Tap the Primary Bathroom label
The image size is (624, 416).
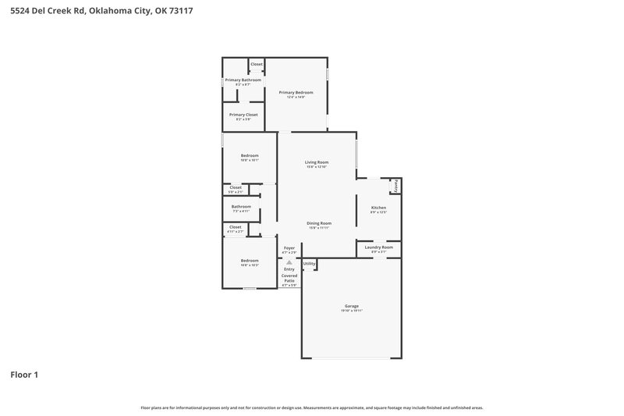tap(243, 80)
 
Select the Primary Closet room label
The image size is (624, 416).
tap(243, 115)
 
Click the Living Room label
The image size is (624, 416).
tap(317, 162)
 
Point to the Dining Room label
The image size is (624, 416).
tap(318, 223)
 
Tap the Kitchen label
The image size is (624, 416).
tap(378, 208)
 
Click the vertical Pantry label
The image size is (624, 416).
tap(395, 186)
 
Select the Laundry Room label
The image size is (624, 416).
tap(378, 247)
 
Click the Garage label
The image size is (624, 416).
tap(351, 306)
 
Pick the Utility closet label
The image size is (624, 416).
tap(309, 264)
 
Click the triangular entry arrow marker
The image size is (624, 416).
tap(289, 262)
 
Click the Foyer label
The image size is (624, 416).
tap(289, 248)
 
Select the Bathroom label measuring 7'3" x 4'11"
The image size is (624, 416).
tap(241, 207)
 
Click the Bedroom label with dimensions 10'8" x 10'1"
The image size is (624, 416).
tap(250, 155)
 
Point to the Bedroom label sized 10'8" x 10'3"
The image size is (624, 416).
tap(250, 261)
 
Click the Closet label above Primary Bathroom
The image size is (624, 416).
tap(257, 64)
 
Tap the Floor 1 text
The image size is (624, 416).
tap(24, 375)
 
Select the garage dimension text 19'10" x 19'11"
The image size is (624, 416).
tap(351, 311)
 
